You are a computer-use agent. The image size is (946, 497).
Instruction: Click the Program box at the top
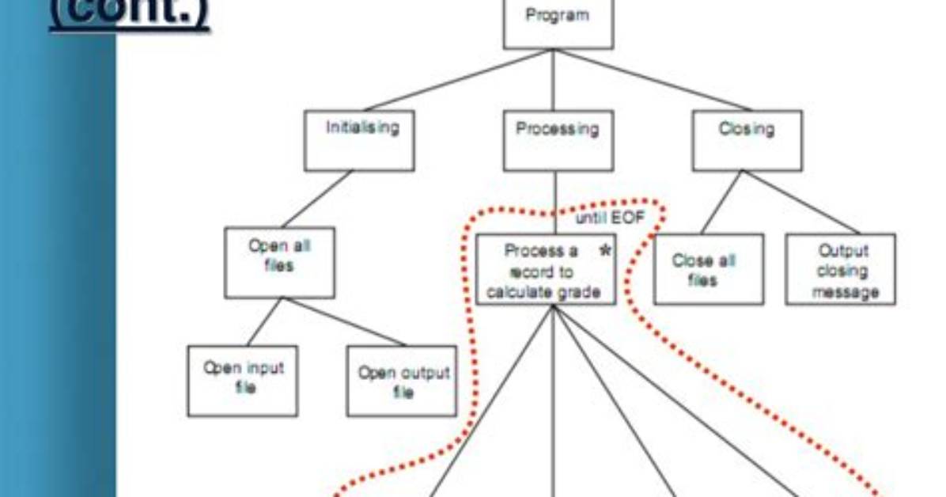tap(558, 25)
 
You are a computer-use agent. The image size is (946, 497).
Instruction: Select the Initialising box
tap(360, 141)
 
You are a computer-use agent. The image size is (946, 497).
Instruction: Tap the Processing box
tap(558, 141)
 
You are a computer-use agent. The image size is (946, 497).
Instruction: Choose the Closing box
tap(747, 141)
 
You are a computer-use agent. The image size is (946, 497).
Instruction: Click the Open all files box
tap(279, 263)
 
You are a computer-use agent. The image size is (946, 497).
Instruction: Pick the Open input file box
tap(243, 381)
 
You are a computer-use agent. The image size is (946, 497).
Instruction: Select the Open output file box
tap(402, 381)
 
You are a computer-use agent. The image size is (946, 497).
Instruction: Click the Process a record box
tap(546, 269)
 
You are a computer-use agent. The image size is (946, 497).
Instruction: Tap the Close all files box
tap(709, 269)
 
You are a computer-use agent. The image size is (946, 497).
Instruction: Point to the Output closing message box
tap(841, 269)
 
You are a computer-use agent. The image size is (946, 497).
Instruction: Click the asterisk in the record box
tap(605, 251)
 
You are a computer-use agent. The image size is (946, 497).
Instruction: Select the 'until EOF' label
tap(610, 218)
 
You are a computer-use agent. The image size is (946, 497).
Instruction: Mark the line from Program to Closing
tap(653, 80)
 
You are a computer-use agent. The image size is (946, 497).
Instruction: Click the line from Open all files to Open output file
tap(345, 322)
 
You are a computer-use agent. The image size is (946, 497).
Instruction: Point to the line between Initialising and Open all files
tap(316, 199)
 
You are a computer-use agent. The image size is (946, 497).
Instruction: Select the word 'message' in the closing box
tap(845, 293)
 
